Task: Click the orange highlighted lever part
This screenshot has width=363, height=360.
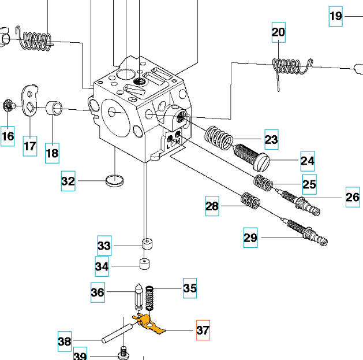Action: [148, 323]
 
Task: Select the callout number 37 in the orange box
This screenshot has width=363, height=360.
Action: [203, 330]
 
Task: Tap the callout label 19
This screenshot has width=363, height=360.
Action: [336, 16]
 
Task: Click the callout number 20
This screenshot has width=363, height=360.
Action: [279, 32]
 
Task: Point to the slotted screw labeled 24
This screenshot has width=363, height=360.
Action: [251, 157]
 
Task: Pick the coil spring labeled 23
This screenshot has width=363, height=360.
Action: [219, 138]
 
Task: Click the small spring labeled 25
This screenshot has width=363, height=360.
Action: [263, 183]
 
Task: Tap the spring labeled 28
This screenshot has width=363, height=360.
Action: [250, 201]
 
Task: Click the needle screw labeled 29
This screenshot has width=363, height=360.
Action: [306, 232]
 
